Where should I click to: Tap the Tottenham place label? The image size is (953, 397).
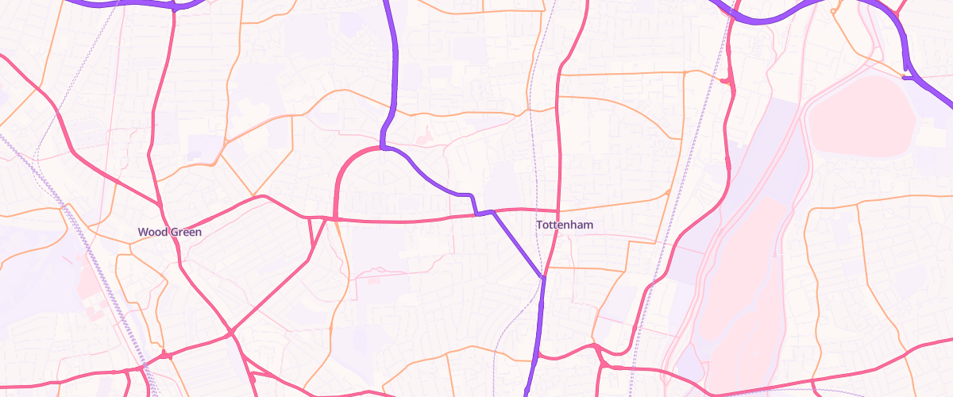(x=565, y=225)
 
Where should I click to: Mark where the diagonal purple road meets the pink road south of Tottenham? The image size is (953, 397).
(x=543, y=277)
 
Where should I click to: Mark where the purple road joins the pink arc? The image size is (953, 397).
(x=383, y=147)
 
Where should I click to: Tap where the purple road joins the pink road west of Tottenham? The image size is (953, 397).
(x=476, y=214)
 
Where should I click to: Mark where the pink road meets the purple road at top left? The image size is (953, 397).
(x=174, y=8)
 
